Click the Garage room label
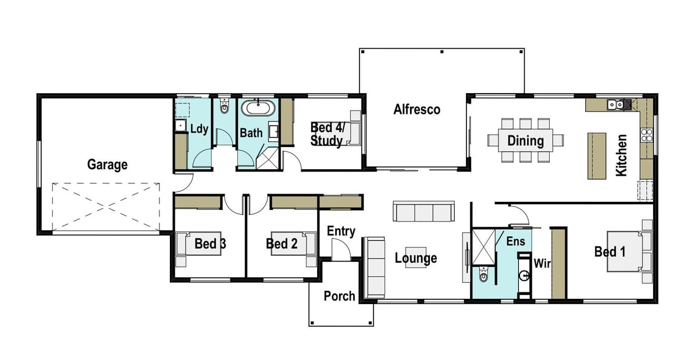pos(107,165)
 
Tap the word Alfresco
pos(417,109)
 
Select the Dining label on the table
pos(526,141)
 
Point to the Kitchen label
pos(621,155)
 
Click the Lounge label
pos(416,258)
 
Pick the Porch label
pos(339,296)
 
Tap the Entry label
pos(341,231)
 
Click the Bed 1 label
pos(610,252)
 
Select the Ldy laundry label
pos(199,129)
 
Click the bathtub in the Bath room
pos(258,108)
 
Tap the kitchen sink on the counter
pos(615,105)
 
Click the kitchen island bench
pos(597,156)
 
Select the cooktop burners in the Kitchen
pos(647,135)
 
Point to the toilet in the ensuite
pos(483,275)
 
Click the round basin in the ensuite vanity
pos(524,276)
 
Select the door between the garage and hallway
pos(184,183)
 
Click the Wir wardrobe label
pos(542,263)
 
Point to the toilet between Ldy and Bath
pos(225,105)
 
